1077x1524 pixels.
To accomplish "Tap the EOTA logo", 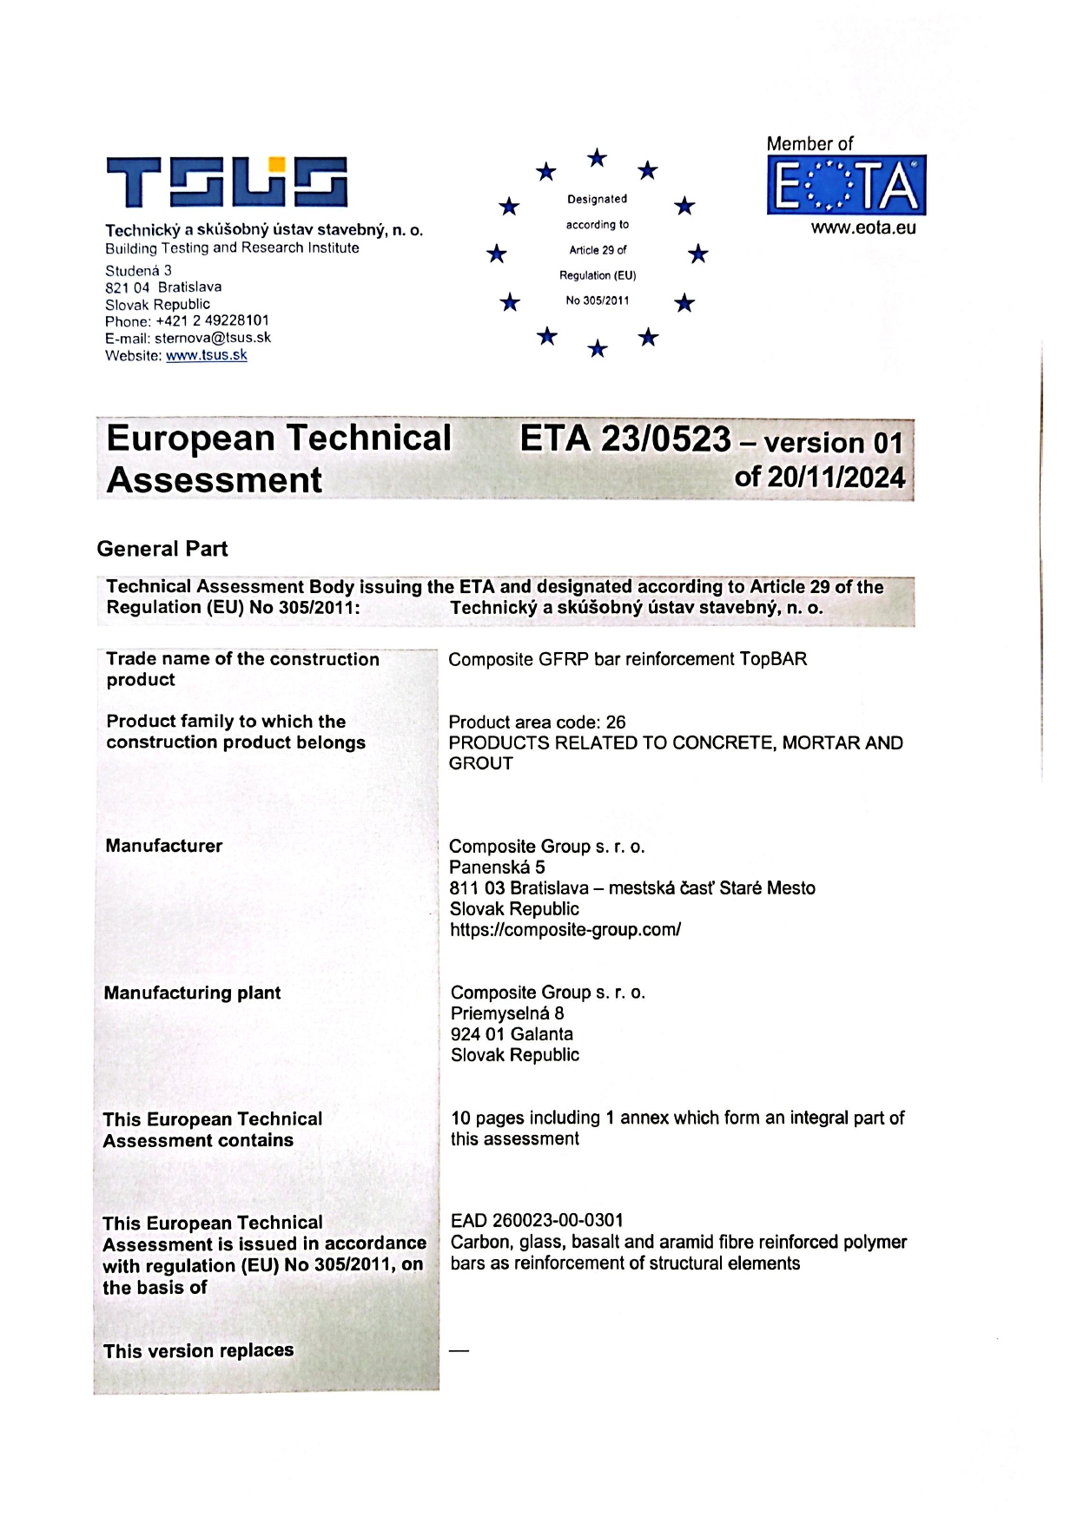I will point(846,185).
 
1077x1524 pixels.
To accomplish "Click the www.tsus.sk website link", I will point(207,355).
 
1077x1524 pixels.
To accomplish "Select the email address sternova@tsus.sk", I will point(213,338).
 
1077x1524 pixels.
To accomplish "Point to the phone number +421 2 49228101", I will point(212,320).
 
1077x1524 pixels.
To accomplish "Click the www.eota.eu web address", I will point(863,228).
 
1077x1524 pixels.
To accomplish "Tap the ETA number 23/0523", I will point(665,439).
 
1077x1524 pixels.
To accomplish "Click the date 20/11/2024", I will point(836,478).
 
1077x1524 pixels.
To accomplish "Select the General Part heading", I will point(162,549).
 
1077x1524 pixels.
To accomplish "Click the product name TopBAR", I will point(773,659).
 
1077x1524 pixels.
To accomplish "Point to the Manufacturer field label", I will point(164,846).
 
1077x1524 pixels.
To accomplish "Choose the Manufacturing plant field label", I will point(192,993).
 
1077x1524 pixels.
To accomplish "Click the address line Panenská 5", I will point(497,867).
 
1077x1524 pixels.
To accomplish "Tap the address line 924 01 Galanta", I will point(512,1034).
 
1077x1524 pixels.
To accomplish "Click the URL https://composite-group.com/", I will point(565,929).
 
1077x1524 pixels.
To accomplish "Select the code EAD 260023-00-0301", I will point(537,1220).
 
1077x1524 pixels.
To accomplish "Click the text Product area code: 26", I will point(537,722).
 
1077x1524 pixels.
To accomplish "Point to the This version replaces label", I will point(198,1350).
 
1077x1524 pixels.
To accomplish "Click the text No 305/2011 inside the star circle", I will point(598,300).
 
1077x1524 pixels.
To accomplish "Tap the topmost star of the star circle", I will point(597,158).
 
